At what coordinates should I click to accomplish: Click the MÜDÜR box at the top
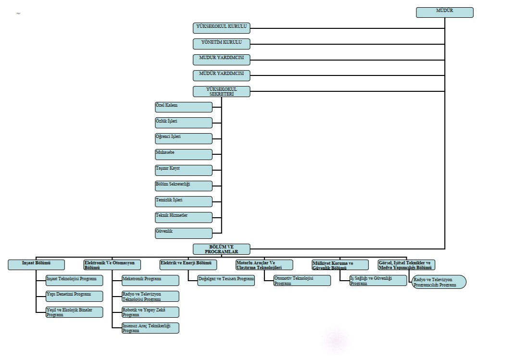pyautogui.click(x=444, y=12)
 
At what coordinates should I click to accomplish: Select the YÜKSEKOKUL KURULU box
pyautogui.click(x=222, y=28)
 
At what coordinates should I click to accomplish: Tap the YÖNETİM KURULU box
pyautogui.click(x=222, y=44)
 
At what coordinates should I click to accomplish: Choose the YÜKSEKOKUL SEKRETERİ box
pyautogui.click(x=222, y=91)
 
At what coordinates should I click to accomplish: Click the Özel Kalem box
pyautogui.click(x=183, y=107)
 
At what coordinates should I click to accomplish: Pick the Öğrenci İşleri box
pyautogui.click(x=183, y=138)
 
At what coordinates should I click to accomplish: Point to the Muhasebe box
pyautogui.click(x=183, y=154)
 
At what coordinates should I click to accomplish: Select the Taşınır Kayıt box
pyautogui.click(x=183, y=170)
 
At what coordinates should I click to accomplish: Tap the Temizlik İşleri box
pyautogui.click(x=183, y=201)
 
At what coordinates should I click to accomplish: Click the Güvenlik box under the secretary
pyautogui.click(x=183, y=233)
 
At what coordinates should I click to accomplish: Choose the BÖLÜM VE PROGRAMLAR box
pyautogui.click(x=222, y=249)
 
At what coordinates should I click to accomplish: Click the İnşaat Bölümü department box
pyautogui.click(x=36, y=265)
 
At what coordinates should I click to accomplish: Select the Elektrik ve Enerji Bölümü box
pyautogui.click(x=188, y=265)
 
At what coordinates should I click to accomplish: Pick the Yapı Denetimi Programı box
pyautogui.click(x=74, y=296)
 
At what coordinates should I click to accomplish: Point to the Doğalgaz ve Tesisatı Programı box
pyautogui.click(x=226, y=280)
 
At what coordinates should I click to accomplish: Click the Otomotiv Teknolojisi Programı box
pyautogui.click(x=302, y=281)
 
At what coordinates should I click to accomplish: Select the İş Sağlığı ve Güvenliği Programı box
pyautogui.click(x=378, y=281)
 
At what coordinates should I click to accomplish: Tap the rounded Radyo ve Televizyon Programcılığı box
pyautogui.click(x=439, y=282)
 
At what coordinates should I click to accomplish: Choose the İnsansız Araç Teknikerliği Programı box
pyautogui.click(x=150, y=328)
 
